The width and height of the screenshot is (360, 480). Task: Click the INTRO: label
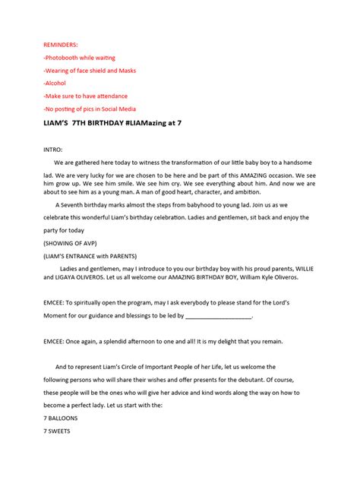[53, 149]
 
